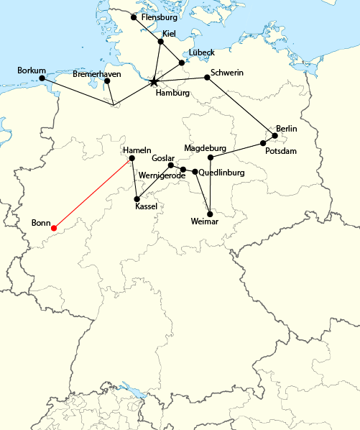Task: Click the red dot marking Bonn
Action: [54, 229]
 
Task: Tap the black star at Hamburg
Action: [154, 82]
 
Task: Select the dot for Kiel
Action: [161, 41]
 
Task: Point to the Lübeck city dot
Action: [181, 63]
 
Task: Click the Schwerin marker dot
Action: [206, 78]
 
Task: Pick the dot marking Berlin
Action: [275, 135]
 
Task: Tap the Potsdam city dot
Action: [264, 143]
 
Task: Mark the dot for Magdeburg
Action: [211, 157]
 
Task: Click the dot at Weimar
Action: [209, 214]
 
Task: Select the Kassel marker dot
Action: [137, 198]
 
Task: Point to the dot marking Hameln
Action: [131, 157]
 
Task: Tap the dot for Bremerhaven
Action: [107, 81]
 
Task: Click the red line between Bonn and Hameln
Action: [93, 193]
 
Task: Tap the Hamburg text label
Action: [172, 93]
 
